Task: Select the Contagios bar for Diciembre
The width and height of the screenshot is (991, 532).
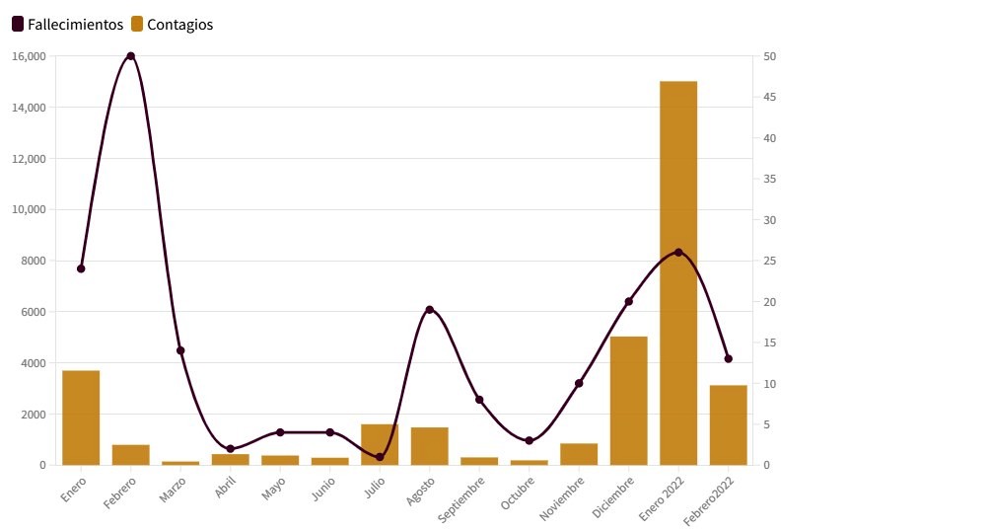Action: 629,401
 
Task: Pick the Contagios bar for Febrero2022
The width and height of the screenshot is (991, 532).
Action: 729,424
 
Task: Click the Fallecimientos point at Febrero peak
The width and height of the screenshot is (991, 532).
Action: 131,56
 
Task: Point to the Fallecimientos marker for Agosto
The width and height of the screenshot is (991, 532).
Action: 430,310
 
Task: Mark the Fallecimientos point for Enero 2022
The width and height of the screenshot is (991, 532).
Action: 678,252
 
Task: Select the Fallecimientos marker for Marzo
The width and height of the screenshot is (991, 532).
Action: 180,350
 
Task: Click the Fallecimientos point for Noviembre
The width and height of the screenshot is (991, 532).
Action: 579,383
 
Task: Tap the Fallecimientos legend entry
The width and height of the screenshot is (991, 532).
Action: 68,25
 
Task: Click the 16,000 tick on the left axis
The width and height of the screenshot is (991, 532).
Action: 29,56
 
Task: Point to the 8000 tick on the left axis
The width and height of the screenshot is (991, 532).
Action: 33,261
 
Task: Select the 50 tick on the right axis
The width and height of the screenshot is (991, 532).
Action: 769,56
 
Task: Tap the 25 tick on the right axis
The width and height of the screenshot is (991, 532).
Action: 769,261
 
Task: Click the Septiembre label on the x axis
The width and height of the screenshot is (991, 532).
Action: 461,500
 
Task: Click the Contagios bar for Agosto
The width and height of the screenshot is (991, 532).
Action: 430,446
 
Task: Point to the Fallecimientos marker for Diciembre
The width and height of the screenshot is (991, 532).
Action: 629,301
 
